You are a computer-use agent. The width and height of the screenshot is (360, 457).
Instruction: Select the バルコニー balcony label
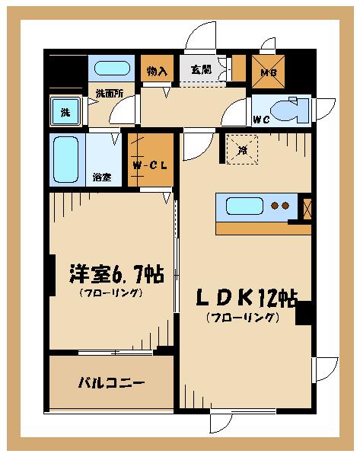pyautogui.click(x=111, y=383)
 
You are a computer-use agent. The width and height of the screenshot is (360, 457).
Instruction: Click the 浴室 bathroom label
pyautogui.click(x=102, y=177)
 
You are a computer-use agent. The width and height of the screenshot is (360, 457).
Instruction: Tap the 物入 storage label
pyautogui.click(x=157, y=71)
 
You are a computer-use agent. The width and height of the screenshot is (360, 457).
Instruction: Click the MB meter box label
pyautogui.click(x=268, y=73)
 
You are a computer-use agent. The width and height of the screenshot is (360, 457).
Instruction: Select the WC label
pyautogui.click(x=261, y=120)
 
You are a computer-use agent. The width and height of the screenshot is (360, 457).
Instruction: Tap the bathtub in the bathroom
pyautogui.click(x=67, y=159)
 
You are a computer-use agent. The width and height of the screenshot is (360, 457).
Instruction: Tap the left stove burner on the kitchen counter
pyautogui.click(x=276, y=206)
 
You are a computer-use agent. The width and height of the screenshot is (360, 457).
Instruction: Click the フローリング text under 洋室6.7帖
pyautogui.click(x=110, y=292)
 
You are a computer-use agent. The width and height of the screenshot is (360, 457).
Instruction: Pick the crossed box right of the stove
pyautogui.click(x=307, y=208)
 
